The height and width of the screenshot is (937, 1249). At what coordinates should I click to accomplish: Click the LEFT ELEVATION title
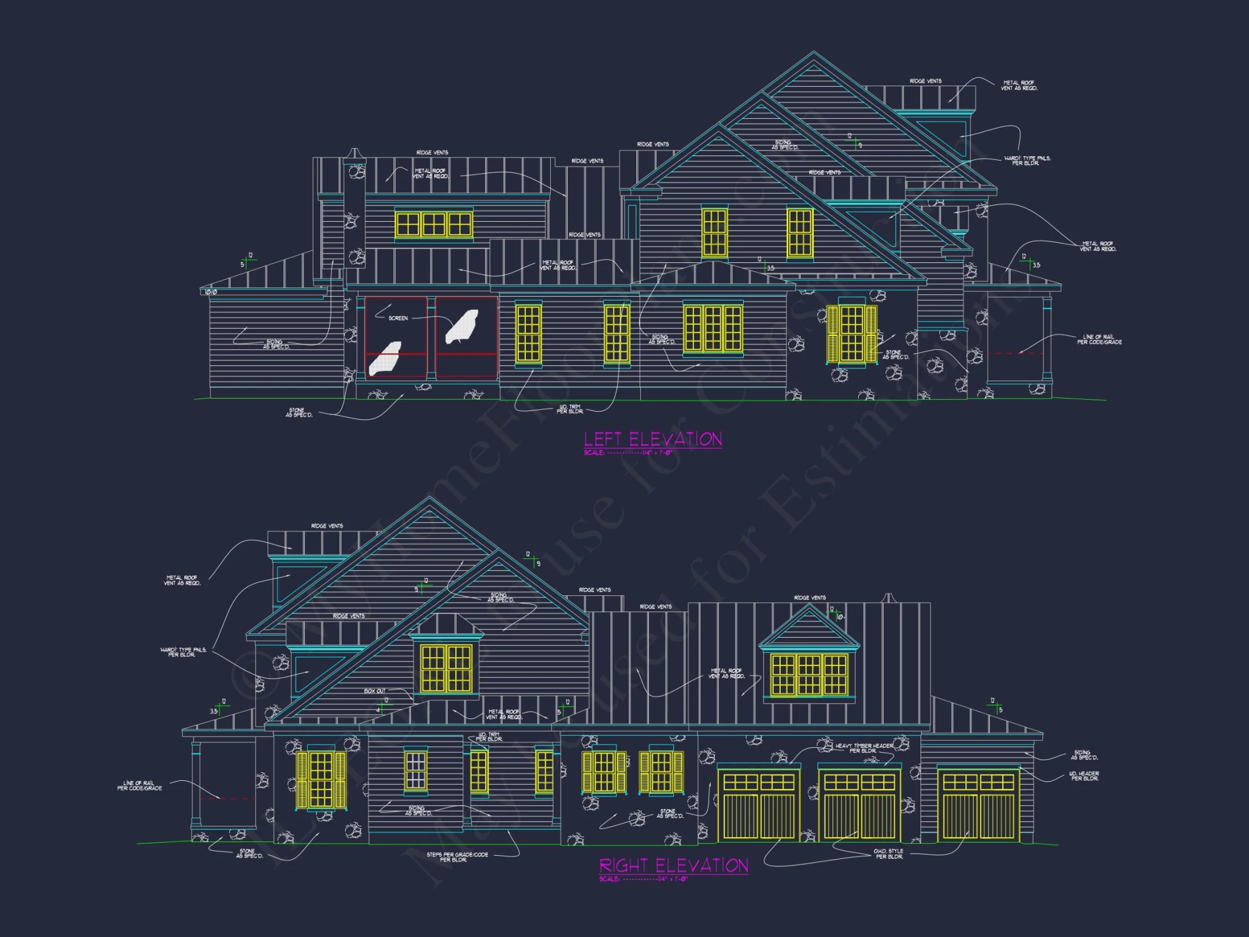(653, 439)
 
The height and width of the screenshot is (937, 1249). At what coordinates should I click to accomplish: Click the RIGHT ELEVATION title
(673, 865)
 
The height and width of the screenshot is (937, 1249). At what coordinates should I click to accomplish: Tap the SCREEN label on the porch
(398, 318)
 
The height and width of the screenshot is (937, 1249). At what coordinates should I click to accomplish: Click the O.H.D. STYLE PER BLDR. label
(888, 854)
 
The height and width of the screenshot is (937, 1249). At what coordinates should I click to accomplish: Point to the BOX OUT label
(375, 691)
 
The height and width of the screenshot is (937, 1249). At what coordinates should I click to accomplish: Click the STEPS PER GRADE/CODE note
(457, 857)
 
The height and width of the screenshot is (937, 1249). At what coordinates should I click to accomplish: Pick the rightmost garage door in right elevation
(978, 806)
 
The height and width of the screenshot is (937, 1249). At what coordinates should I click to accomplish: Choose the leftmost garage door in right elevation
(758, 806)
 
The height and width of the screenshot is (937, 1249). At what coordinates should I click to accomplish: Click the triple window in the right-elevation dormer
(809, 675)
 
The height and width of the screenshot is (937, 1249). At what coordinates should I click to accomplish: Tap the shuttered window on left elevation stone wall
(852, 334)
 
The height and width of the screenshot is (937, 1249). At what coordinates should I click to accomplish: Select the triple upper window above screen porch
(433, 224)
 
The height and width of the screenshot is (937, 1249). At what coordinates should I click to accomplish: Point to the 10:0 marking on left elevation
(211, 292)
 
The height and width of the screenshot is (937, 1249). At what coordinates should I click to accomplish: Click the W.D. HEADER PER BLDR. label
(1084, 776)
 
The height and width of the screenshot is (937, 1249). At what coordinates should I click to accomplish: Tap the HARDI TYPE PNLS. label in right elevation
(182, 652)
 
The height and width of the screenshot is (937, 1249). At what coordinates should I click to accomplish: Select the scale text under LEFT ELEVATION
(628, 452)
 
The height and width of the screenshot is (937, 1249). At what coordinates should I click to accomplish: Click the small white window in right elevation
(415, 771)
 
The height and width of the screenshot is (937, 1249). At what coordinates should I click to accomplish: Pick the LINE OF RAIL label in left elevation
(1098, 339)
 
